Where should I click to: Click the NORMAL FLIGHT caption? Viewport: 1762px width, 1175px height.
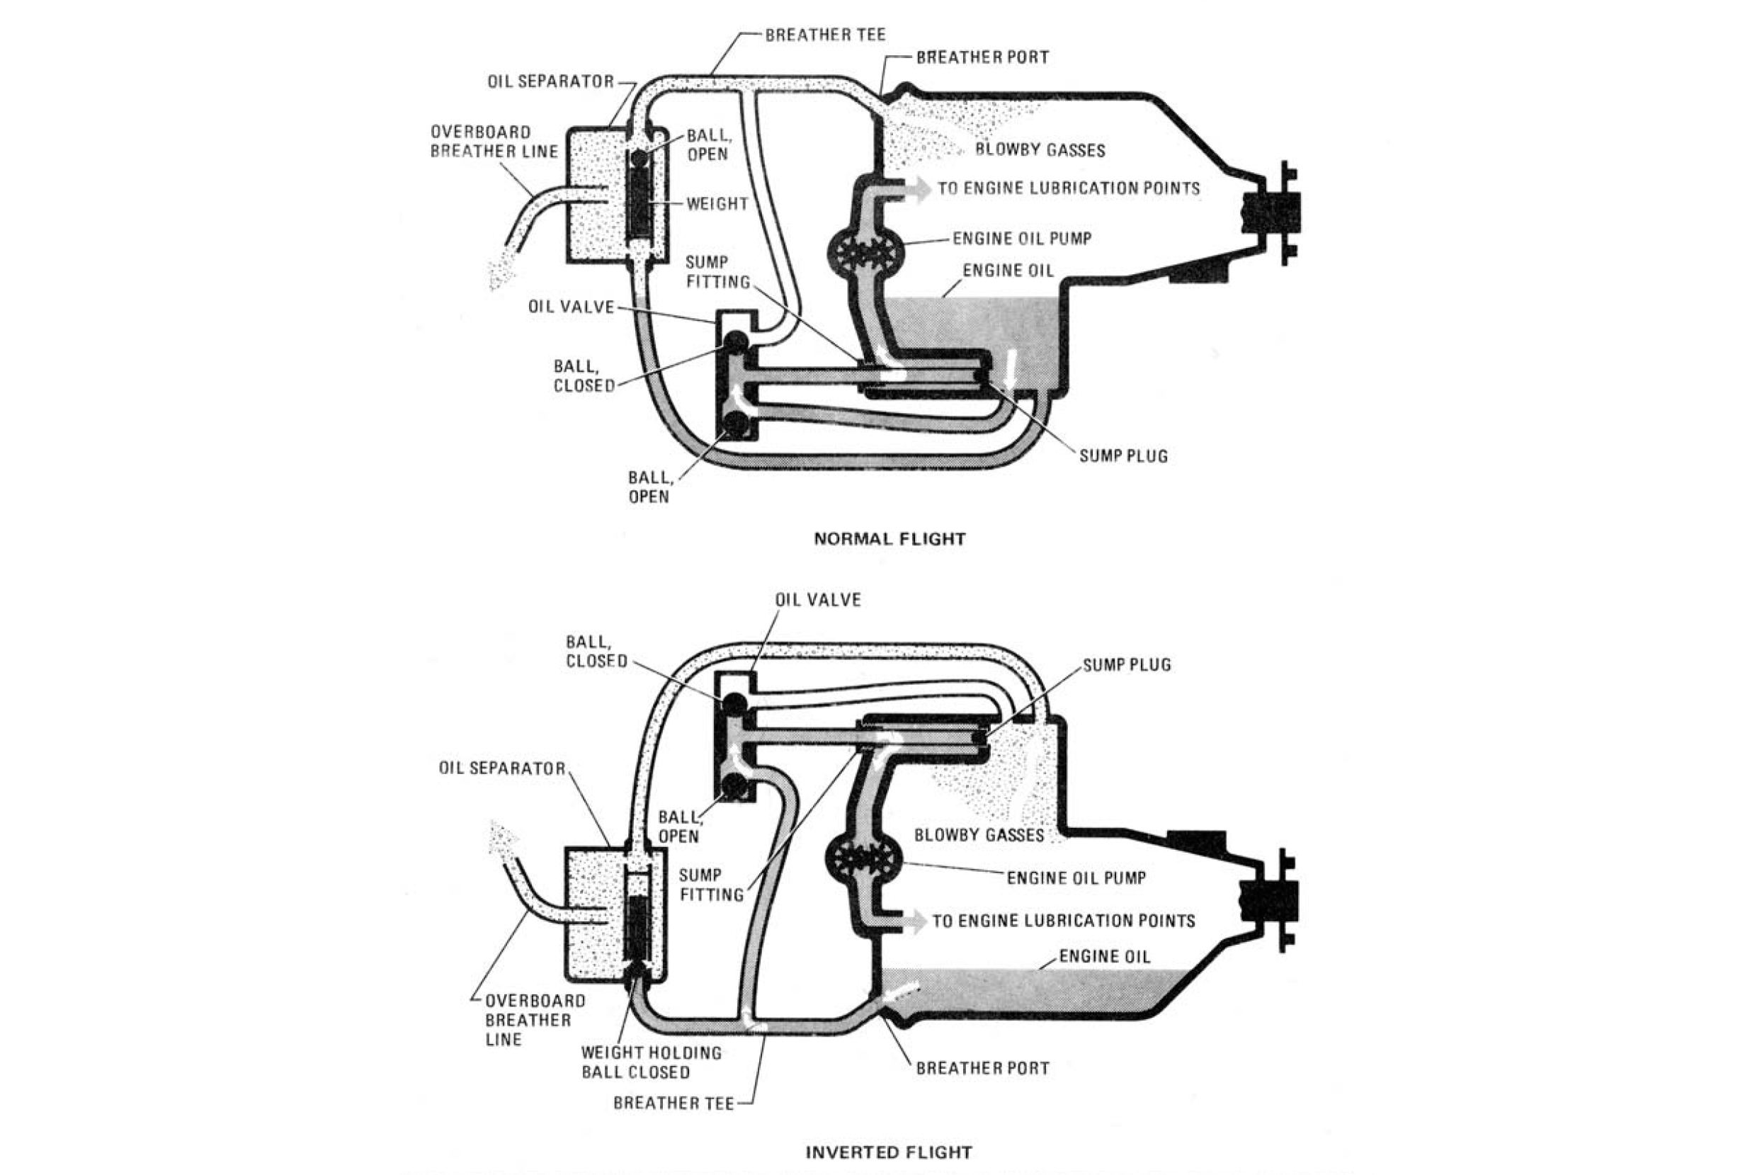point(889,539)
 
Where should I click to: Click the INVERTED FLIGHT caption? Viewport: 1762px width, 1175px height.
point(889,1152)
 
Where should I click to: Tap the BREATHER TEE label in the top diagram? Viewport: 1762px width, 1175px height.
point(825,35)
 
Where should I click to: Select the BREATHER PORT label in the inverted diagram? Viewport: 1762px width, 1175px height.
point(982,1068)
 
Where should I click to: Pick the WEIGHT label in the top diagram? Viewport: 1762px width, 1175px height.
point(717,203)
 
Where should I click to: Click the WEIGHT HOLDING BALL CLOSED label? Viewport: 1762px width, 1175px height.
point(651,1062)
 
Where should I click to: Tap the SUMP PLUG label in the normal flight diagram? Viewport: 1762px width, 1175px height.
point(1123,455)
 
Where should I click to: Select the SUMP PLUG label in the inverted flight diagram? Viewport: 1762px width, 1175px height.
point(1127,664)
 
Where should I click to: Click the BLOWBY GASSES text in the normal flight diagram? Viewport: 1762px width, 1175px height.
point(1040,150)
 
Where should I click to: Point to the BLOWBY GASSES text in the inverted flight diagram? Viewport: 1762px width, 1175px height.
point(979,835)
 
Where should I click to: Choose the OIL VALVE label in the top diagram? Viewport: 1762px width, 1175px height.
point(571,307)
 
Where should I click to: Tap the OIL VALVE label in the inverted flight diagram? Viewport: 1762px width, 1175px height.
point(818,599)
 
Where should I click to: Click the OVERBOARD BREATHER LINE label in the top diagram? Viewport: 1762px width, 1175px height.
point(494,142)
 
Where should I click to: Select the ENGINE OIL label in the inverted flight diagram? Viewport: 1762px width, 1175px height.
point(1104,956)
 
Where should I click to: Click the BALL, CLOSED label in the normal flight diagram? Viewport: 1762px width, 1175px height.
point(584,375)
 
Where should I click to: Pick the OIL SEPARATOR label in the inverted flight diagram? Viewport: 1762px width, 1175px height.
point(502,768)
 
